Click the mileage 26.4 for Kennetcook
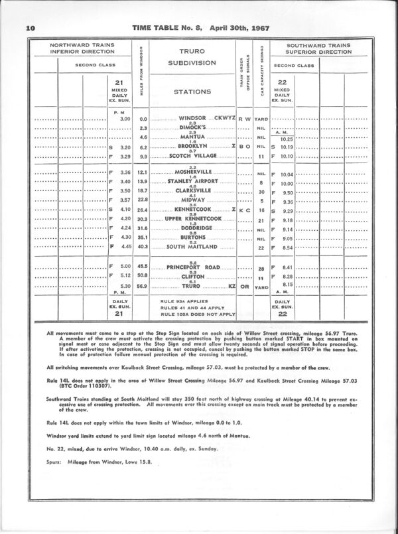tap(142, 209)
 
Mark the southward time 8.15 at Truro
tap(286, 285)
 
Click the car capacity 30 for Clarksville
tap(261, 190)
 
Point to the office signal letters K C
tap(244, 210)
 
